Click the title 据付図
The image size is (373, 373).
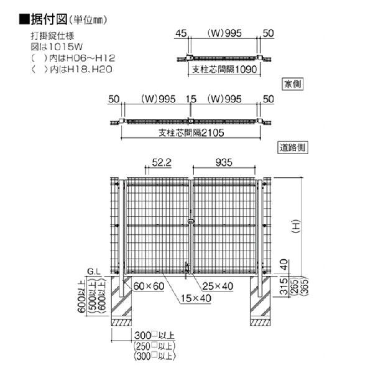coord(49,19)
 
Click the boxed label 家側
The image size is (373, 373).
coord(293,84)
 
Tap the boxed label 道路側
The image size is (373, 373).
coord(293,147)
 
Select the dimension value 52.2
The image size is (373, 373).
coord(162,162)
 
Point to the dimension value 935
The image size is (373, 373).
coord(224,162)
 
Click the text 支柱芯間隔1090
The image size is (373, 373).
coord(224,69)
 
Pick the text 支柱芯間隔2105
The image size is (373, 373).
coord(191,132)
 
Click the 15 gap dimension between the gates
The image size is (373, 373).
coord(191,99)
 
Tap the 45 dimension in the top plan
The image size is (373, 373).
coord(181,34)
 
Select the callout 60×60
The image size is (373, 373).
coord(149,286)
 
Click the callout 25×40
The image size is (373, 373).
coord(218,286)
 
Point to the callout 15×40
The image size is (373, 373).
coord(196,298)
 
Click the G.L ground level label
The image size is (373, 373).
coord(94,272)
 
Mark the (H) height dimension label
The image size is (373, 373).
coord(296,226)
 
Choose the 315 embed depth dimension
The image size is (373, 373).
coord(284,287)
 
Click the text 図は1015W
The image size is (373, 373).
coord(57,47)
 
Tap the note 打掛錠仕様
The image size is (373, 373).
coord(53,36)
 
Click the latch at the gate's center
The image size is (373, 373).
coord(191,221)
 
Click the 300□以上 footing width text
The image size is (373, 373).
coord(154,335)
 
